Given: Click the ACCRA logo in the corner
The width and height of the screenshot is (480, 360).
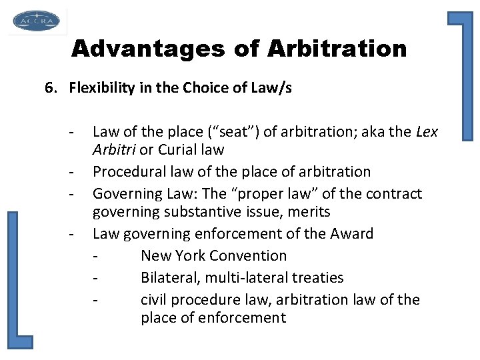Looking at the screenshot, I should pos(36,21).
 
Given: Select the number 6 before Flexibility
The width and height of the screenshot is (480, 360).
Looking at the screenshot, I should pos(49,88).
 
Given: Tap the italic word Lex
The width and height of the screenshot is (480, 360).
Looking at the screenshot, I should pos(427,132).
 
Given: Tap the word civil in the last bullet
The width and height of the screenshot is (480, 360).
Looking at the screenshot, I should pos(155,300).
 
